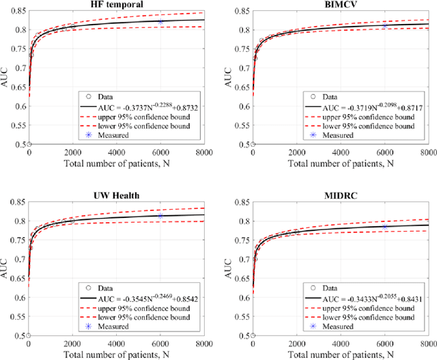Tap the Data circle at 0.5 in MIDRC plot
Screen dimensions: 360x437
pyautogui.click(x=253, y=335)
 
